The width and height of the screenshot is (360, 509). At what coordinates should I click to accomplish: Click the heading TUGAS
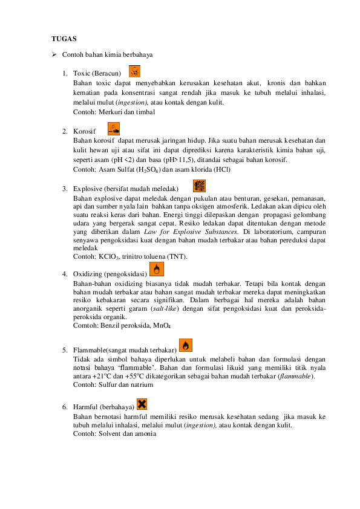tap(64, 39)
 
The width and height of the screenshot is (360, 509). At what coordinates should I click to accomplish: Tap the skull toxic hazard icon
tap(134, 71)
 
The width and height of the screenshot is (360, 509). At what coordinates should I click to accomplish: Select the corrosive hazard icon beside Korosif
tap(114, 129)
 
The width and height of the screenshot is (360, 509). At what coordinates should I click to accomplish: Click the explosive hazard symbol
tap(199, 186)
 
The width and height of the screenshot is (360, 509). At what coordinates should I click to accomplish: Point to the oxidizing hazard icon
tap(157, 269)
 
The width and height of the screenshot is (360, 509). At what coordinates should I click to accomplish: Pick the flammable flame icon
tap(186, 345)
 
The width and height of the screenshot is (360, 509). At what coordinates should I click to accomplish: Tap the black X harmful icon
tap(142, 404)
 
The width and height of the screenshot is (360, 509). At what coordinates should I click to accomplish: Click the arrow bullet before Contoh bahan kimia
tap(54, 54)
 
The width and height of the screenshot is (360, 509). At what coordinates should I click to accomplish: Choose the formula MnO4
tap(162, 326)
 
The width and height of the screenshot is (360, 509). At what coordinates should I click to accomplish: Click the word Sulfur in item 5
tap(108, 384)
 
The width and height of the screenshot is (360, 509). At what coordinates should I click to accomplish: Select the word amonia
tap(146, 433)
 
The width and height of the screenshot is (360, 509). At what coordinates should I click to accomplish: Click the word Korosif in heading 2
tap(85, 131)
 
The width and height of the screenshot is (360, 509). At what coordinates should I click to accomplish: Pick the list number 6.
tap(65, 407)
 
